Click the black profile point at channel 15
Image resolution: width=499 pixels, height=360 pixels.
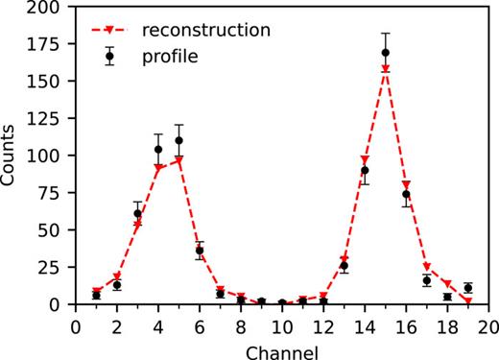[x=385, y=53]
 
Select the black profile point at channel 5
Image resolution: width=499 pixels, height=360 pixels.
[x=178, y=140]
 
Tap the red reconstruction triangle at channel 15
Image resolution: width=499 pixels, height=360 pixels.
[x=385, y=69]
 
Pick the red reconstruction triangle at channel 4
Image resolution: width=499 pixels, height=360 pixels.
[x=158, y=168]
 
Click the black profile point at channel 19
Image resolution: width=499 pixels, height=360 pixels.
[x=467, y=288]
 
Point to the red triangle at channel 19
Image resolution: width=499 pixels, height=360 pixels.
[x=467, y=301]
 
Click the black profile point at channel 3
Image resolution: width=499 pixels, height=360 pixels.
[x=137, y=213]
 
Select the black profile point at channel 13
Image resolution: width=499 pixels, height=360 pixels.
[x=344, y=266]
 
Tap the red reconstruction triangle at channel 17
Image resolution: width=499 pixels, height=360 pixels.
[x=426, y=268]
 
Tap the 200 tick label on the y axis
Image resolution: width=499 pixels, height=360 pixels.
[x=48, y=7]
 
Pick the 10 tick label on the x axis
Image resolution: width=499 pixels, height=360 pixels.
[x=281, y=325]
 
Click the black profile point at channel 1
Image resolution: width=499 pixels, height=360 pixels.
[x=96, y=295]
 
